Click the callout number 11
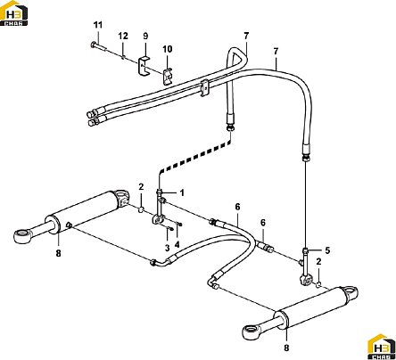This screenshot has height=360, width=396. click(x=98, y=25)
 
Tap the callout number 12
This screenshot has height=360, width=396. click(x=123, y=36)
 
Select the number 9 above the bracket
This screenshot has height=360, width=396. click(x=145, y=36)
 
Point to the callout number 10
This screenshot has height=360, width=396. click(x=168, y=49)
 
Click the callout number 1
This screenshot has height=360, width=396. click(x=182, y=192)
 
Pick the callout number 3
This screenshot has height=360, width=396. click(x=168, y=248)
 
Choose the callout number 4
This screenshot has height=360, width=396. click(x=177, y=244)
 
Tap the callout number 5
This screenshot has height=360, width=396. click(x=327, y=250)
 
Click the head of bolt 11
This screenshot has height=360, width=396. click(x=92, y=45)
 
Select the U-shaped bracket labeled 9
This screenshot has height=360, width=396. click(x=144, y=67)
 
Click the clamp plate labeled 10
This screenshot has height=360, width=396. click(x=168, y=77)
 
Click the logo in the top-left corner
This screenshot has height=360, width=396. click(x=14, y=13)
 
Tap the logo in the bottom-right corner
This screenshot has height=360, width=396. click(x=382, y=347)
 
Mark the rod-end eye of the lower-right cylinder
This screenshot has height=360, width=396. click(x=251, y=331)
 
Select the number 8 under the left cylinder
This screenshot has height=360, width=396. click(x=58, y=253)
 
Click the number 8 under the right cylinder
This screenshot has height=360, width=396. click(x=286, y=348)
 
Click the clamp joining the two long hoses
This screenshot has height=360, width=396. click(x=204, y=88)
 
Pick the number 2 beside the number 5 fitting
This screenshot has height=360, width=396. click(x=318, y=262)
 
